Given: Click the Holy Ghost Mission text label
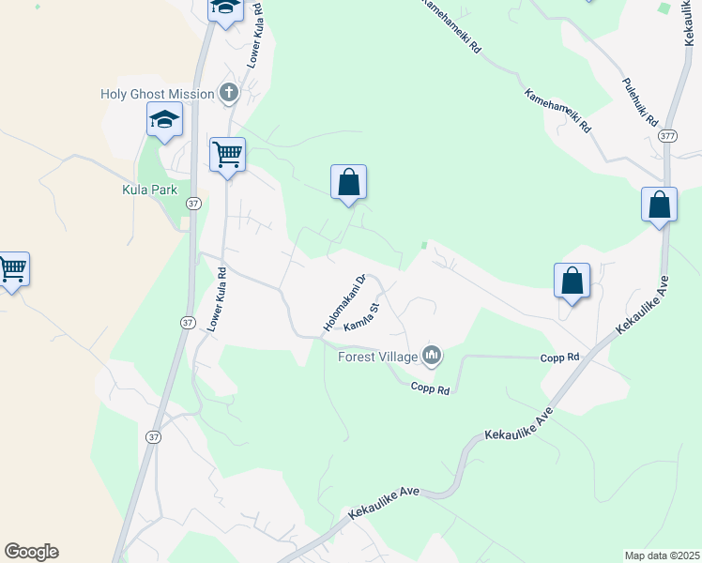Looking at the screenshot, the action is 158,94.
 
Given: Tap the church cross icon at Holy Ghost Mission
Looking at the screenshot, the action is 228,93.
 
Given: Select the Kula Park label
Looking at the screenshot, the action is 150,190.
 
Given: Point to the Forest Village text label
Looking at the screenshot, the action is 379,357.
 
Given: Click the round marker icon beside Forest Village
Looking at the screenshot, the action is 432,355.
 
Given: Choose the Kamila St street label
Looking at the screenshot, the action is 361,317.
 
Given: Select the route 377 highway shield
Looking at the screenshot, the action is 667,136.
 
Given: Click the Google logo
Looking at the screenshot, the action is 31,551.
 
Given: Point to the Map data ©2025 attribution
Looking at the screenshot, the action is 662,555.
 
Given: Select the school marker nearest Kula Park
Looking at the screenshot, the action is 163,120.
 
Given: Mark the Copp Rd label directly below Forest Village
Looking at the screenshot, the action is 430,389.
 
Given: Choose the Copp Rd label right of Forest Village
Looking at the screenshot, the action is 559,358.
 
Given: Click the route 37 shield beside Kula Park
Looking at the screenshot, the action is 192,203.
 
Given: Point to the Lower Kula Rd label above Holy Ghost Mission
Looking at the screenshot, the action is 253,38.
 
